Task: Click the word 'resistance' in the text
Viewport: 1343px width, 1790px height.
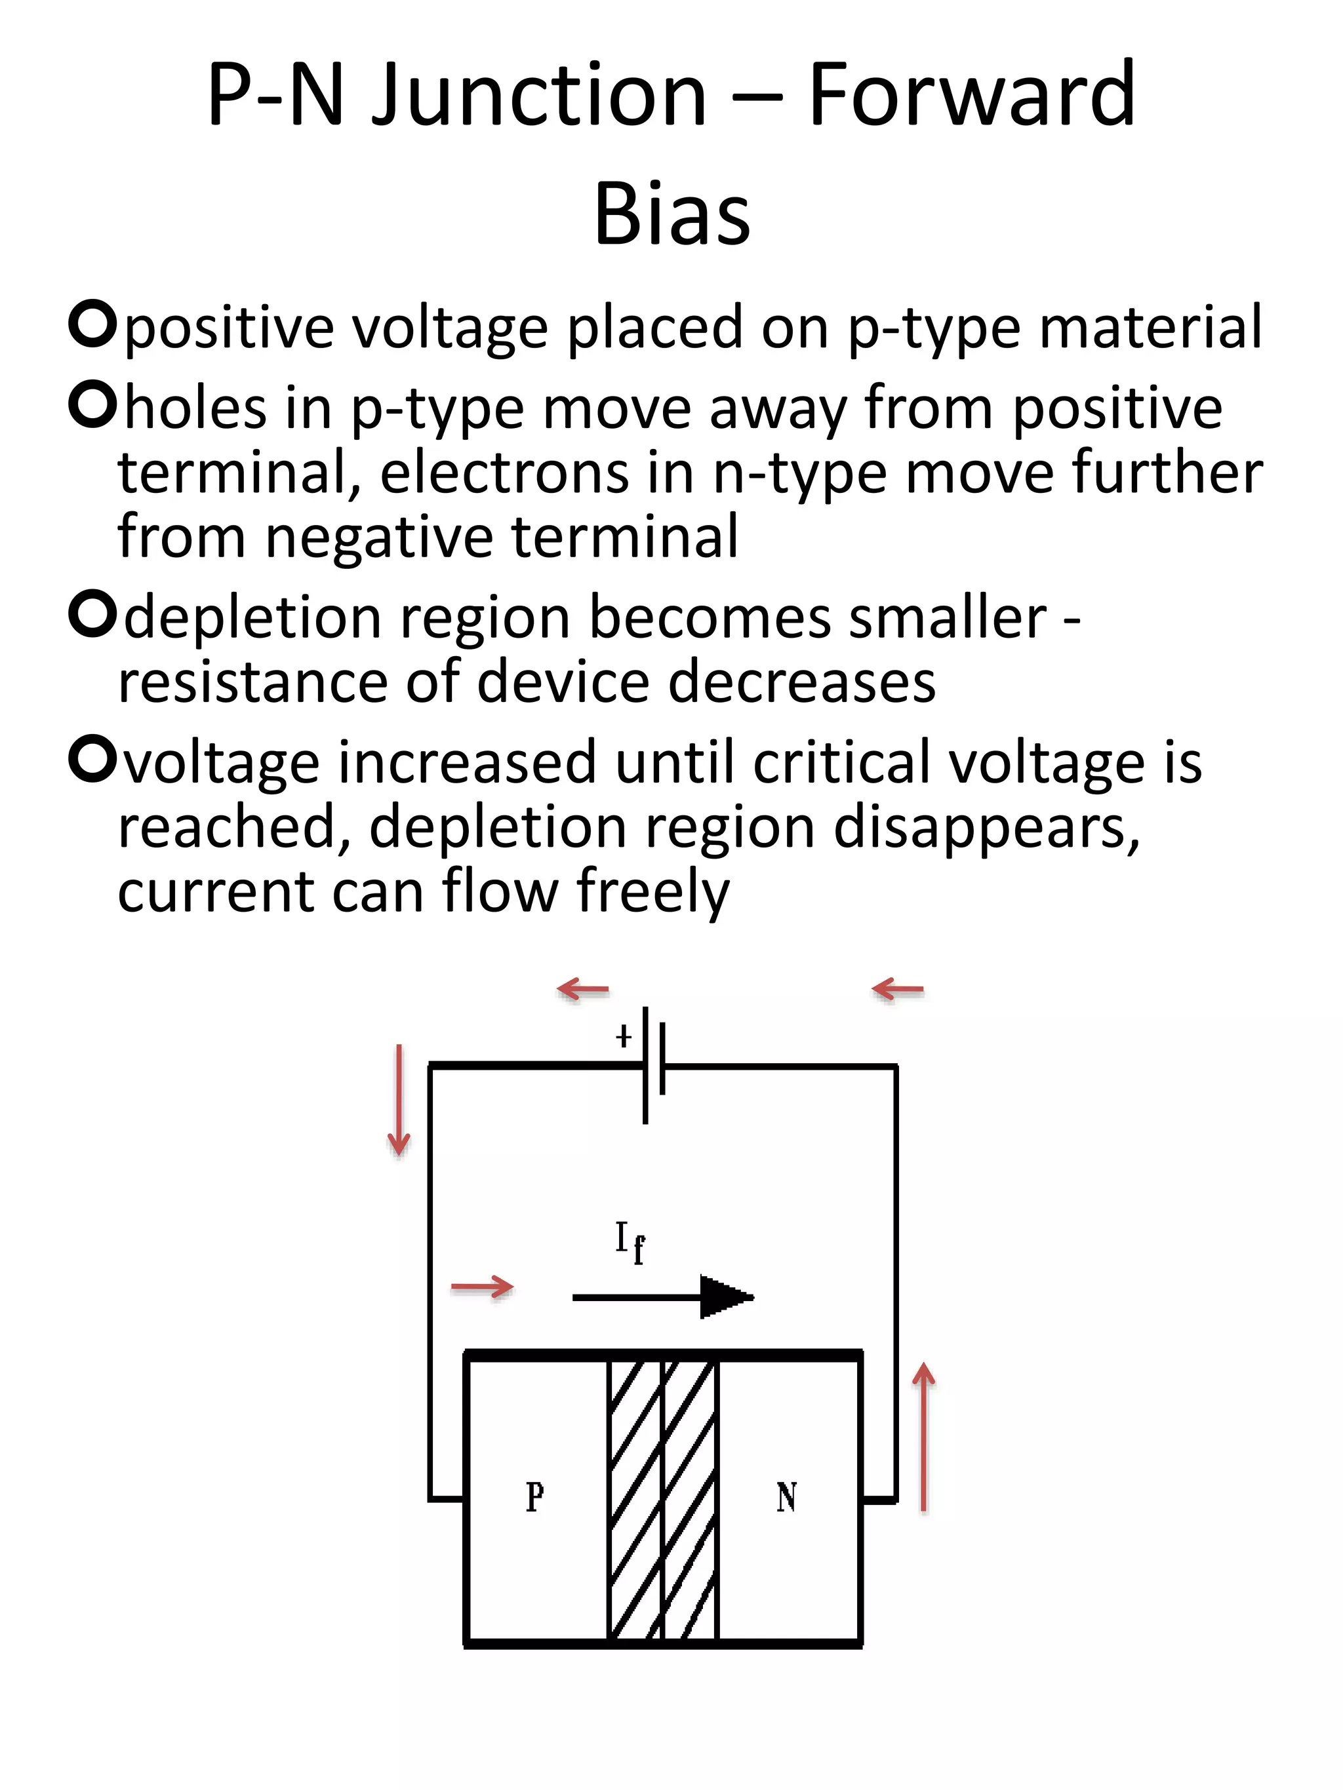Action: coord(251,682)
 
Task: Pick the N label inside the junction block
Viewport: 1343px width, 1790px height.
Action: coord(786,1496)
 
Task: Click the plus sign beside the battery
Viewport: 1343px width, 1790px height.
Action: coord(624,1036)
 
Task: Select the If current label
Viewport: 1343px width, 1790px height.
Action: coord(630,1243)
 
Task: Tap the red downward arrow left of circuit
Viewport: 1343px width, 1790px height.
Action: coord(398,1100)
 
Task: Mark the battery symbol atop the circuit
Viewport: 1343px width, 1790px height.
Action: coord(654,1065)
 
